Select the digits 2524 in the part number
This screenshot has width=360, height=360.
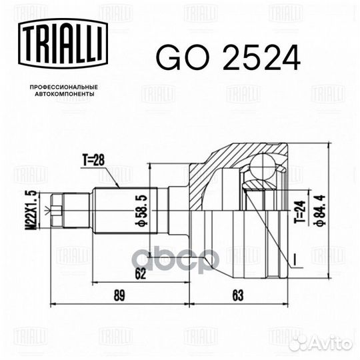(249, 59)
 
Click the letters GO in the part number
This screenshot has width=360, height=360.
(175, 59)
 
